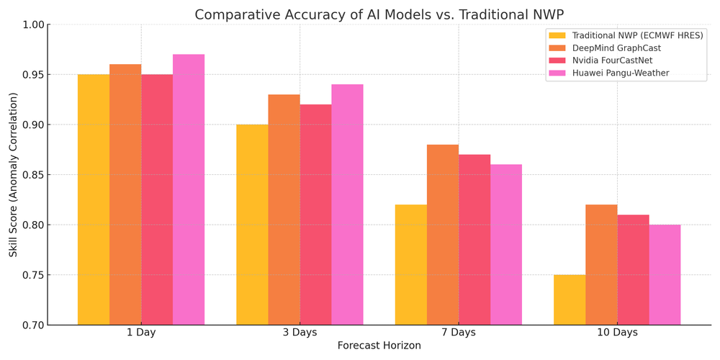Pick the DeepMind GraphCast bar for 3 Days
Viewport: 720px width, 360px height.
click(x=284, y=210)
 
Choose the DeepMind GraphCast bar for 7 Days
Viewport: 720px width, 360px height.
click(x=442, y=235)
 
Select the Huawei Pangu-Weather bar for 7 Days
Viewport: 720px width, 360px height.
click(x=506, y=245)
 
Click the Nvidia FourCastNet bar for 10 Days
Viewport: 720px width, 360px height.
click(x=633, y=270)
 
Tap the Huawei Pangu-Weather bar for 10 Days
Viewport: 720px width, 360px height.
click(x=665, y=275)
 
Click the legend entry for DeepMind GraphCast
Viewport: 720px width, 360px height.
click(x=616, y=48)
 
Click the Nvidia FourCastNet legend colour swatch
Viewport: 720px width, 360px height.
click(x=557, y=60)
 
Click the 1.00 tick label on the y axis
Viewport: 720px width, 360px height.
click(x=34, y=24)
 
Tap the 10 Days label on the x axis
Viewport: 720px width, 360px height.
click(x=617, y=333)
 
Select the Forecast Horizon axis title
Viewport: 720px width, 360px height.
click(x=379, y=346)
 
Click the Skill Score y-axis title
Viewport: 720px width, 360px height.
click(x=14, y=175)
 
